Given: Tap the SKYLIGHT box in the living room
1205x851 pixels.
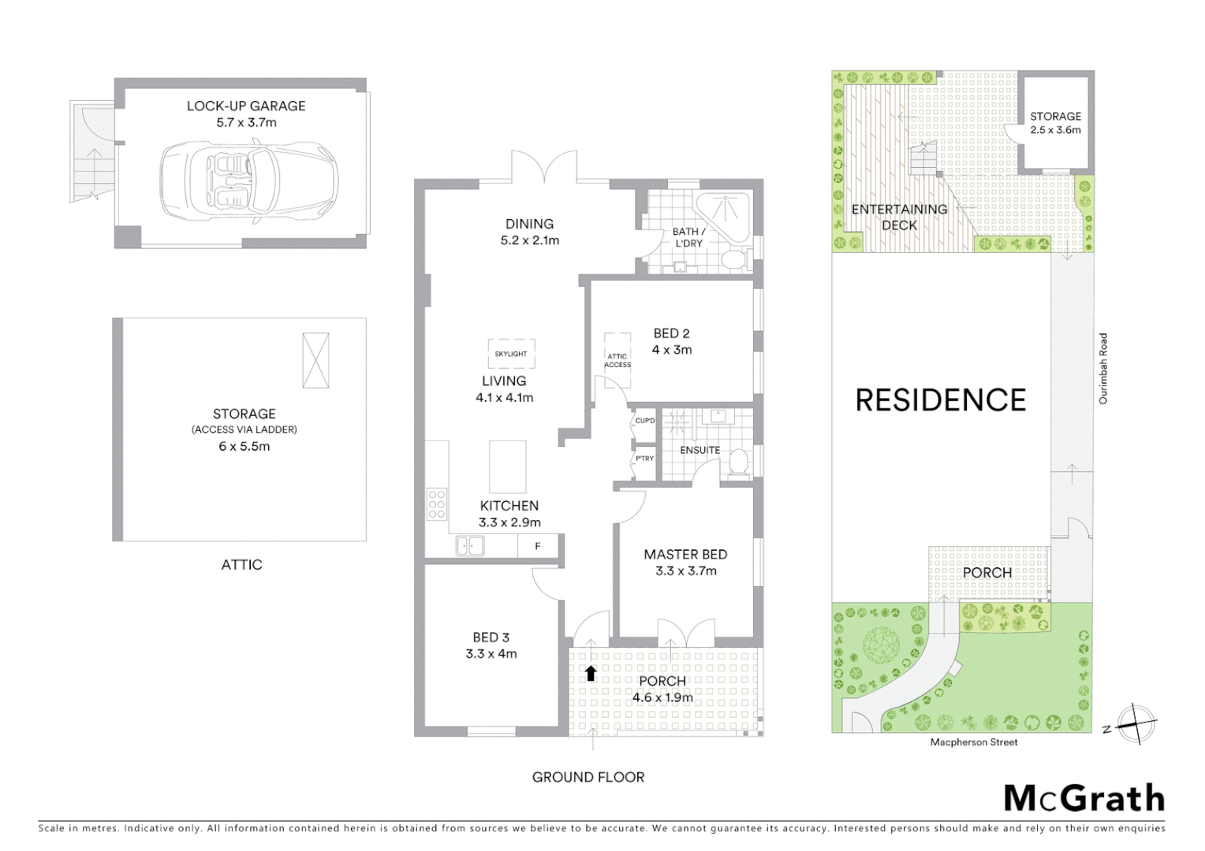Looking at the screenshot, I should click(511, 354).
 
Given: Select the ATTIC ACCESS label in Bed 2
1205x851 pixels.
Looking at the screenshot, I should click(617, 361).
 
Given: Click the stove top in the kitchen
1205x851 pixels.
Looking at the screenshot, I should click(436, 504).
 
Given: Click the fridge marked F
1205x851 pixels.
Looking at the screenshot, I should click(538, 545).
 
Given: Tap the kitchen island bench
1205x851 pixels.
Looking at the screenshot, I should click(507, 466).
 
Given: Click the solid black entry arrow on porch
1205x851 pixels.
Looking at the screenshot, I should click(591, 673).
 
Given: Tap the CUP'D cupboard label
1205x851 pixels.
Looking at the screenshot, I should click(644, 421).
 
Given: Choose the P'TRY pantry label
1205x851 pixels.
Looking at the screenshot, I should click(644, 459).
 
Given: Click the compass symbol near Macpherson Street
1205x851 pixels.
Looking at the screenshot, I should click(1136, 723).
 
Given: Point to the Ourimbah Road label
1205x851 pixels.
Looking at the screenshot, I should click(1103, 369).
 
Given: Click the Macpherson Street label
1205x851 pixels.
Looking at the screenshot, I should click(974, 742).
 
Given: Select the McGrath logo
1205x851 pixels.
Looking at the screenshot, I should click(1084, 798).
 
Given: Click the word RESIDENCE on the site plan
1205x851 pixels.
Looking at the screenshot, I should click(941, 400).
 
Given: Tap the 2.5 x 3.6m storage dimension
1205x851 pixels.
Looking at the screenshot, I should click(1055, 130).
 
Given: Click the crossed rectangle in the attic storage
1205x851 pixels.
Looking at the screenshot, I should click(315, 360).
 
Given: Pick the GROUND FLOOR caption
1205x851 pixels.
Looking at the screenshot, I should click(588, 777).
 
